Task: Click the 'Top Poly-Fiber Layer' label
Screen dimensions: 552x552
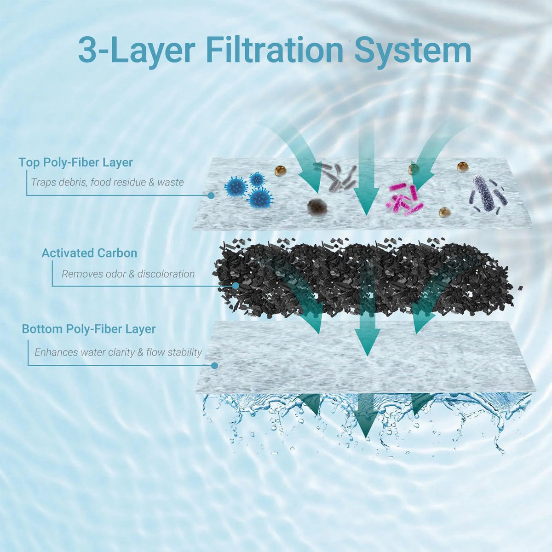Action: click(x=76, y=162)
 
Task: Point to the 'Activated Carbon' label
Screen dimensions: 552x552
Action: click(x=89, y=253)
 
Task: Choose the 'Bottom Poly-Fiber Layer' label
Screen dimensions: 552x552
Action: click(x=89, y=329)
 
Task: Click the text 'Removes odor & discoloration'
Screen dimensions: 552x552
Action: click(x=128, y=274)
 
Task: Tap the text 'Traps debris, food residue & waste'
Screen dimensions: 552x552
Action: click(x=108, y=183)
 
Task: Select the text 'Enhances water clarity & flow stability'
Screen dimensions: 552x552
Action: click(x=118, y=352)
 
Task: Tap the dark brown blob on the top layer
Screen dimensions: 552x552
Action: click(x=316, y=207)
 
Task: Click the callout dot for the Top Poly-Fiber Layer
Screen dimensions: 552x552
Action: click(x=211, y=195)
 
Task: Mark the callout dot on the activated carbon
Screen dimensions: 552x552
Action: click(x=236, y=286)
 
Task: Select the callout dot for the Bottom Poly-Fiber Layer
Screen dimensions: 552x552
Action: click(x=214, y=366)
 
